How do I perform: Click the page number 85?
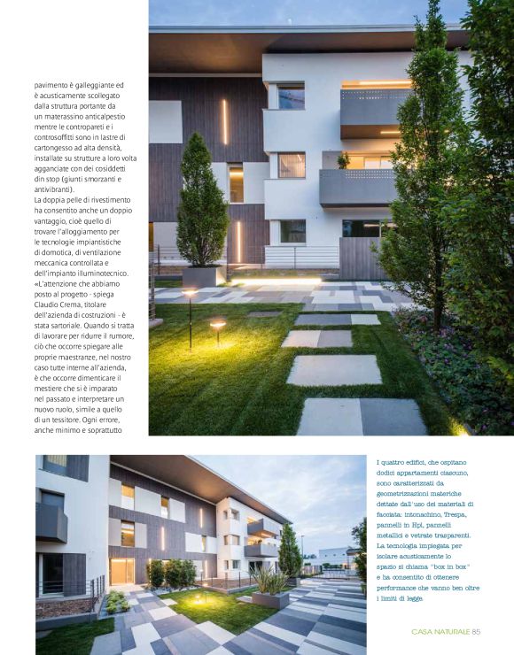[476, 631]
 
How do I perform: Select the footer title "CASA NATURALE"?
[440, 631]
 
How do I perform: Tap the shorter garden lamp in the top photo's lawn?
[217, 331]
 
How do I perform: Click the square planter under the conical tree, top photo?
[199, 277]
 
